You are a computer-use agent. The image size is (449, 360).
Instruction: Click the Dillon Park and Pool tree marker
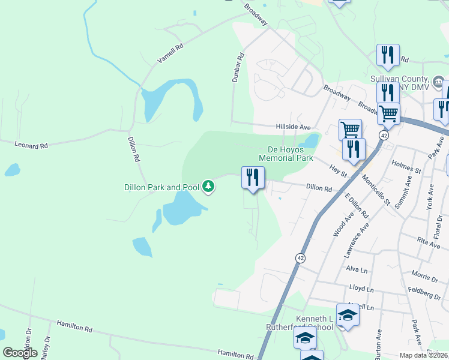coord(208,187)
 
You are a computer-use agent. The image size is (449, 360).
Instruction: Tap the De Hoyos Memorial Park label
coord(286,154)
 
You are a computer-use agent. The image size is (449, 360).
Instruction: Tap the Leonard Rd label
coord(31,145)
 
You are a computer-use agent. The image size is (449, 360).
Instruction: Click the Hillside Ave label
coord(293,127)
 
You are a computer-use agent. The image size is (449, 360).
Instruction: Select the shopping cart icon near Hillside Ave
coord(350,129)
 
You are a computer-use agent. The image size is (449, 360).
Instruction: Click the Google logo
coord(20,353)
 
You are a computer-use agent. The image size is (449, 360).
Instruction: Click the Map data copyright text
coord(424,355)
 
